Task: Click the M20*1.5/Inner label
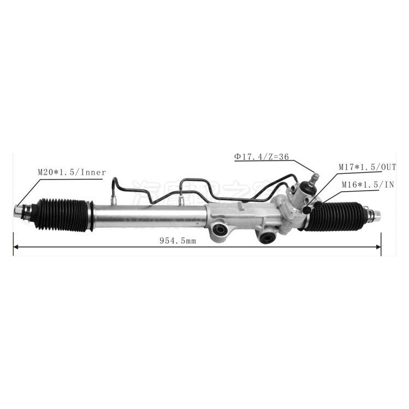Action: pyautogui.click(x=72, y=173)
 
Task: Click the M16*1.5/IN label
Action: pyautogui.click(x=367, y=185)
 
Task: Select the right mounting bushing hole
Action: pyautogui.click(x=267, y=237)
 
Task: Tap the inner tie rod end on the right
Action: pyautogui.click(x=375, y=215)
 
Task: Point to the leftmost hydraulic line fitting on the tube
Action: pyautogui.click(x=114, y=199)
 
